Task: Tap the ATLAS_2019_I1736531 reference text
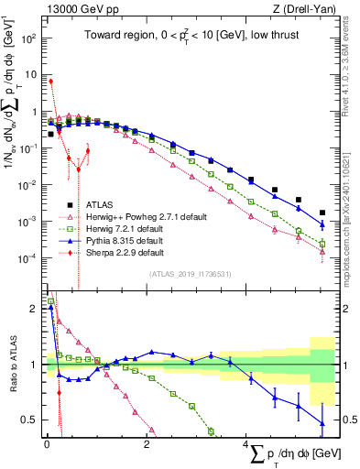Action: point(190,274)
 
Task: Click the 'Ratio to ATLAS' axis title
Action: point(13,365)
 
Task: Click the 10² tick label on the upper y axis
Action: point(27,39)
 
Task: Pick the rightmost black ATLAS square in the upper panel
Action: point(322,213)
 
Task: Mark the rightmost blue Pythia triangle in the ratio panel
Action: point(322,422)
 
